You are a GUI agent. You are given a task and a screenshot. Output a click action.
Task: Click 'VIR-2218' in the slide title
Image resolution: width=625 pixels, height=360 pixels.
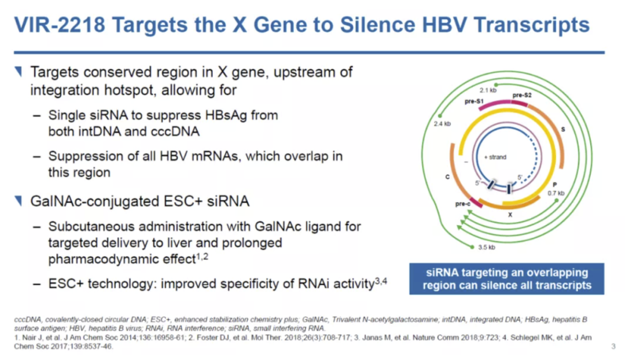(x=60, y=25)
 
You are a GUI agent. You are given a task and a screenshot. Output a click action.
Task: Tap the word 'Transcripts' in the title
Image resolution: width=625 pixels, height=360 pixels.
(x=532, y=25)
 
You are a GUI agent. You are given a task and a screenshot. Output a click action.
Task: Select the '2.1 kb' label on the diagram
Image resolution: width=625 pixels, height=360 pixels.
(x=488, y=90)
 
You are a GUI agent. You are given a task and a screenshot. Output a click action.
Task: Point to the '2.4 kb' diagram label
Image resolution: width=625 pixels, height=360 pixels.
(x=442, y=124)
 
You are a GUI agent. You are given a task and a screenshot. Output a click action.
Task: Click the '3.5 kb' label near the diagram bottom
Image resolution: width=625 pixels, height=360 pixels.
(x=487, y=247)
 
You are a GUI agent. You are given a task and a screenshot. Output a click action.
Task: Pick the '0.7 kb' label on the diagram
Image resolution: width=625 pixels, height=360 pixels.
(x=556, y=193)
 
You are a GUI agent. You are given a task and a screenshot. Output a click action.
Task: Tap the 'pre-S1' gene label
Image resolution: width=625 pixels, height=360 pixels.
(x=473, y=101)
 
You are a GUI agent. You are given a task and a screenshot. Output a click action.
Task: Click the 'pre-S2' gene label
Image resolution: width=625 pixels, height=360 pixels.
(x=522, y=95)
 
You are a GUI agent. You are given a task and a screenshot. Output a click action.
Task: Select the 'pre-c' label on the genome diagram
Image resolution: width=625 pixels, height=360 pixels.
(x=462, y=204)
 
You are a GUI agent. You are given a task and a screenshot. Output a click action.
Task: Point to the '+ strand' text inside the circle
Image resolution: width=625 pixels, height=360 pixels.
(x=495, y=157)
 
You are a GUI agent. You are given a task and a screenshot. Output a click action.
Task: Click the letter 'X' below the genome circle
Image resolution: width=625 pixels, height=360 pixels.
(x=510, y=215)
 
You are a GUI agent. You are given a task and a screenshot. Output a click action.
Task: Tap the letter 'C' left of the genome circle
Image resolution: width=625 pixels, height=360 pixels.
(x=447, y=177)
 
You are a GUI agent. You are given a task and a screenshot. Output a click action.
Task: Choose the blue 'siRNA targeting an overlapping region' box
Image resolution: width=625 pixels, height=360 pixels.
(x=506, y=278)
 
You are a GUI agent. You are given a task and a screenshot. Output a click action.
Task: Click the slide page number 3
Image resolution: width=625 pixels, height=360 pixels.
(x=613, y=346)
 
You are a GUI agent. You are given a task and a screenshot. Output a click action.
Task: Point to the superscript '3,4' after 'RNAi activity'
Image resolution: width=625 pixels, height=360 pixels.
(x=381, y=281)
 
